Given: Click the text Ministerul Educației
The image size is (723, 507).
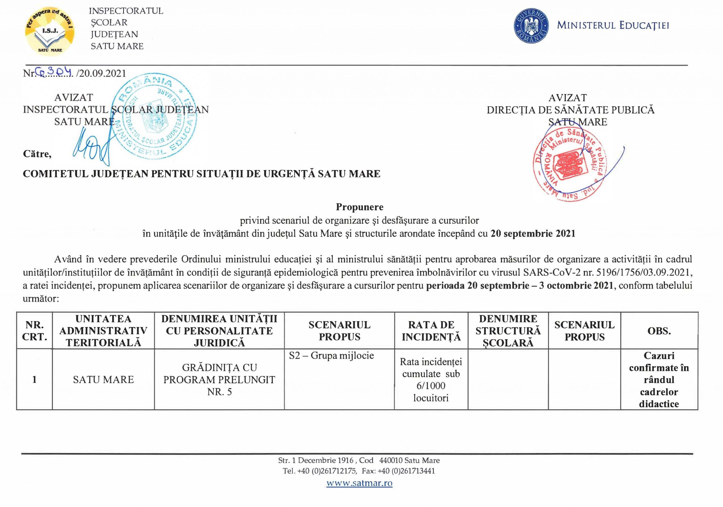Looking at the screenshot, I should [x=613, y=25].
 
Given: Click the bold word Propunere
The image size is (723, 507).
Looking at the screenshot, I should [x=359, y=207].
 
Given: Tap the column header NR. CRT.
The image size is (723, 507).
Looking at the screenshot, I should [x=34, y=331].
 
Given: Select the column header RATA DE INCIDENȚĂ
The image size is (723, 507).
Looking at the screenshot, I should [x=431, y=331].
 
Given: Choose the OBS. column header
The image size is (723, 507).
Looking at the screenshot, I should [x=659, y=331].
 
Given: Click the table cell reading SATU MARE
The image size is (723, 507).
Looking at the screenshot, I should [x=103, y=379].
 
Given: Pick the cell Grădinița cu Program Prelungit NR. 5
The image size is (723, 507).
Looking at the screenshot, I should [x=219, y=379].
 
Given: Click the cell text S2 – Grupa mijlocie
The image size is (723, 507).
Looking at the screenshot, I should [x=331, y=356].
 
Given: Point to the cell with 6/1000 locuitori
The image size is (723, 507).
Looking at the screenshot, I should [x=431, y=392].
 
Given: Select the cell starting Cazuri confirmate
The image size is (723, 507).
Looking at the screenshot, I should [x=659, y=379].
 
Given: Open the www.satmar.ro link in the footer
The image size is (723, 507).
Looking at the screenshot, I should [x=359, y=483].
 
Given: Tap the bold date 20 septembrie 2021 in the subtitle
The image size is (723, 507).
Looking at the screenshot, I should [x=533, y=234].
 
